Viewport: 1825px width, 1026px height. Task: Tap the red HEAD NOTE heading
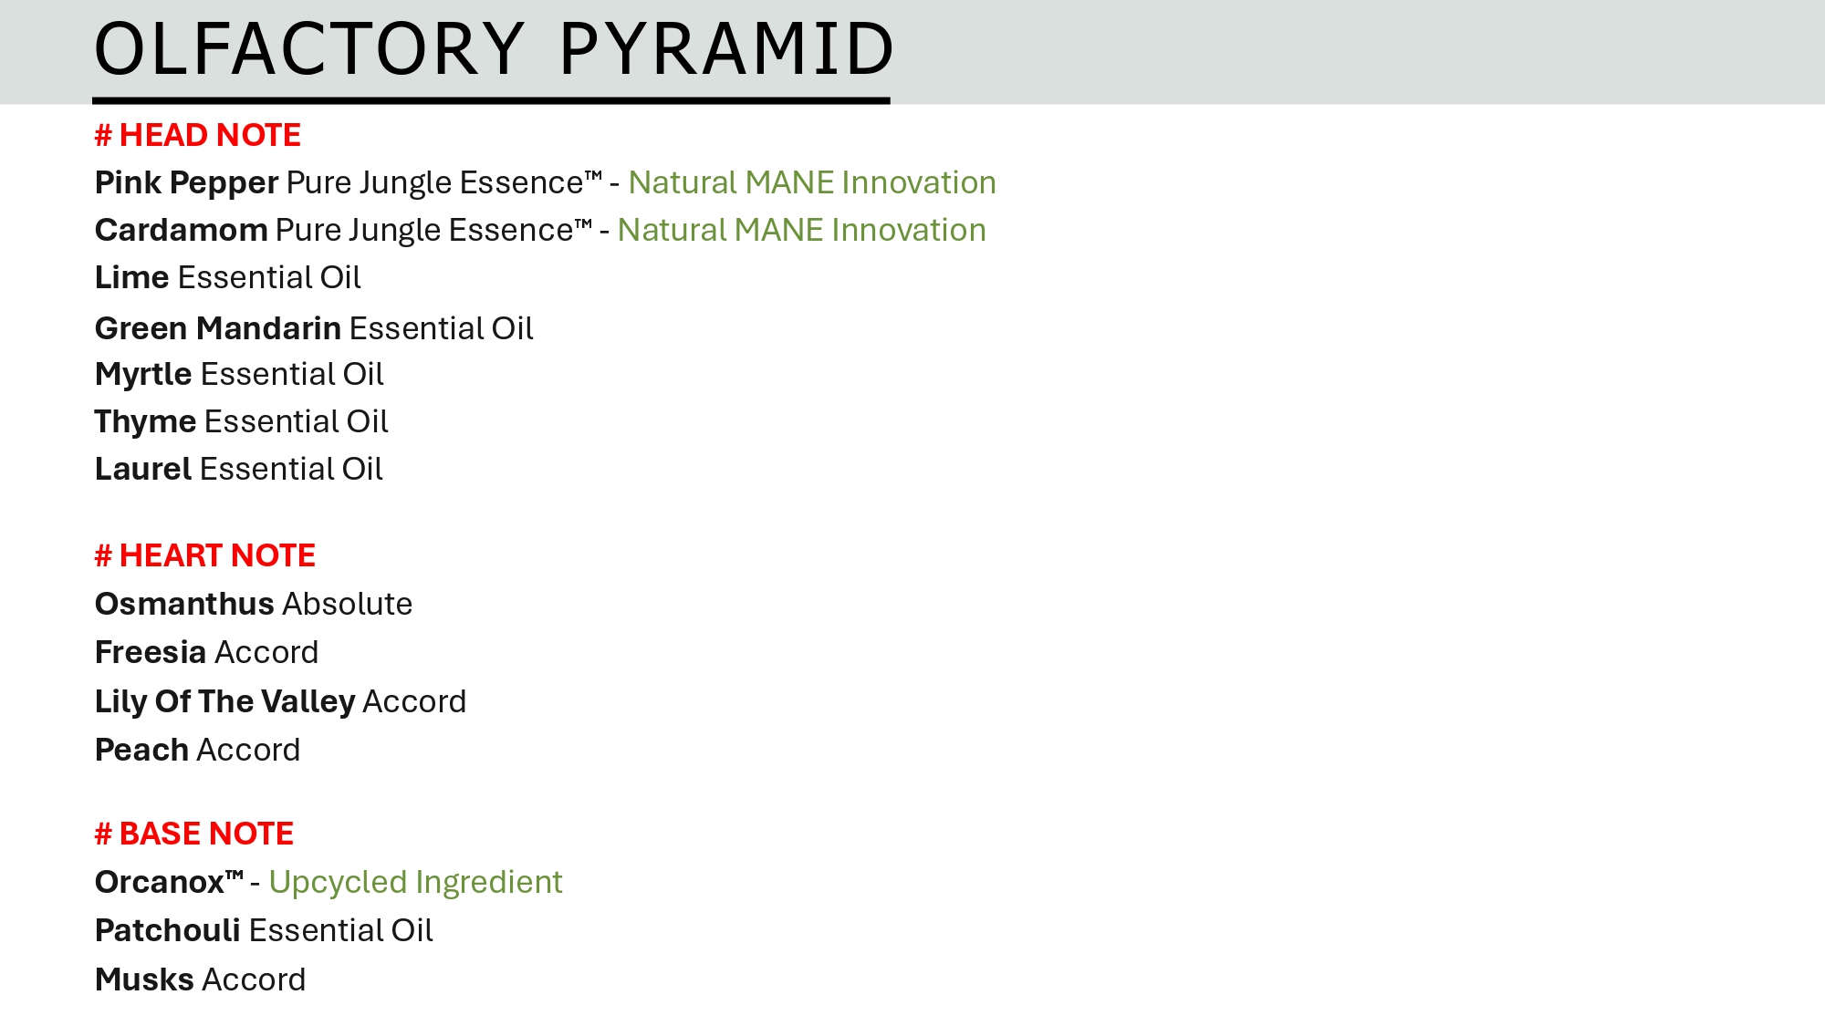click(x=198, y=135)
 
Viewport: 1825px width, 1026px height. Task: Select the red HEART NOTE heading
click(x=205, y=555)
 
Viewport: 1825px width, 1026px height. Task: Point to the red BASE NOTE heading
click(x=194, y=834)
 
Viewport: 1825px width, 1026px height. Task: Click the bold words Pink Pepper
click(x=187, y=183)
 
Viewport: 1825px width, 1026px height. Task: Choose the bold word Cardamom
click(x=182, y=230)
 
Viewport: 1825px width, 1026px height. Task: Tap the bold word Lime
click(x=132, y=277)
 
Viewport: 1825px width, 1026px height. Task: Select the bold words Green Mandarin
click(x=218, y=328)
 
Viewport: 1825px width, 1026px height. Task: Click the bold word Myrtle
click(x=143, y=375)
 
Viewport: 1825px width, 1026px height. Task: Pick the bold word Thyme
click(x=146, y=422)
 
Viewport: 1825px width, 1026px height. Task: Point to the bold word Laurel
click(x=143, y=469)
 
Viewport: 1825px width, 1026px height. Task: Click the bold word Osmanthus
click(x=184, y=604)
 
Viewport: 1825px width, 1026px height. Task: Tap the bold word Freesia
click(x=151, y=652)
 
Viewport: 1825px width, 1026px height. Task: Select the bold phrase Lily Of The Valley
click(x=225, y=702)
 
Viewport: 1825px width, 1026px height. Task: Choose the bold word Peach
click(x=141, y=750)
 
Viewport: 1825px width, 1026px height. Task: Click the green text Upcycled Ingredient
click(x=415, y=883)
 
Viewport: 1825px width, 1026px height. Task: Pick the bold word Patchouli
click(x=168, y=930)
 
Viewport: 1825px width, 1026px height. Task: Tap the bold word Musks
click(x=144, y=979)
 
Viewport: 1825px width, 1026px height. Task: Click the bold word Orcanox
click(x=160, y=882)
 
